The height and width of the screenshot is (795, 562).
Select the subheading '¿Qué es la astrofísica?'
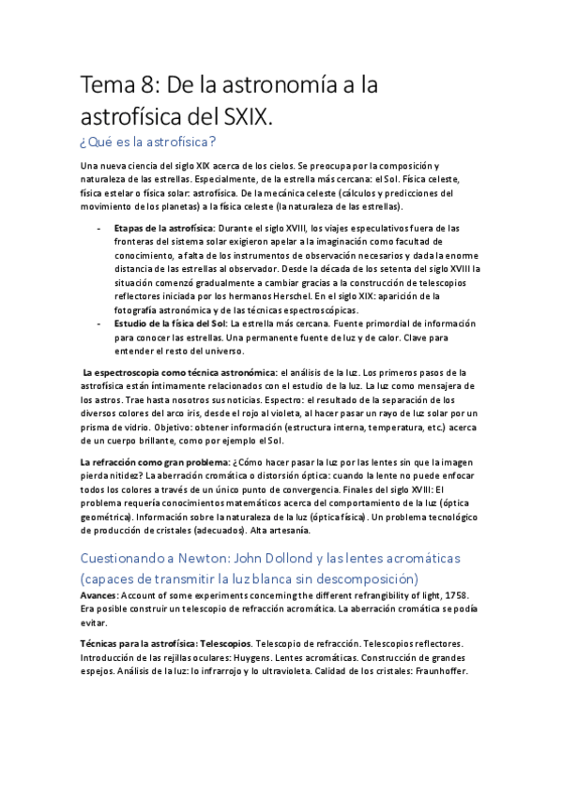click(x=149, y=142)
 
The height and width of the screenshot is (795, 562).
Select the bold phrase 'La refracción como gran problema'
click(x=154, y=462)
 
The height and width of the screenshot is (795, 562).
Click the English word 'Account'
click(x=139, y=595)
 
